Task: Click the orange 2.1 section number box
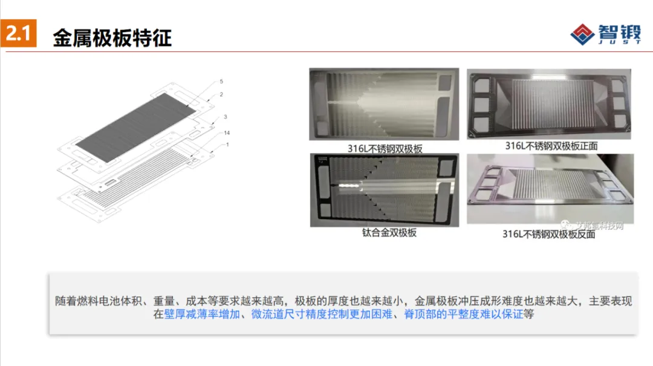pos(18,34)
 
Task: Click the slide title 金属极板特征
pos(112,38)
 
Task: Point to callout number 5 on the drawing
pos(221,81)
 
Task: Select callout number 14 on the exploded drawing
pos(226,132)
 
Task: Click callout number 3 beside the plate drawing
pos(225,116)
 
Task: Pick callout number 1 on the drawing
pos(227,145)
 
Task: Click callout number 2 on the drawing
pos(221,94)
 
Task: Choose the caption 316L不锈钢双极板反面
pos(548,234)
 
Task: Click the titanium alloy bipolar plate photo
pos(384,190)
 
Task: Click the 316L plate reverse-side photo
pos(550,189)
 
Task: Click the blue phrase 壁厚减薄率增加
pos(203,315)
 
